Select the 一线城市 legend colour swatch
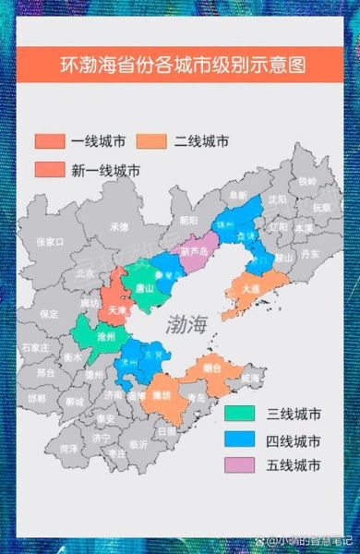tap(49, 141)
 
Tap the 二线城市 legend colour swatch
tap(150, 141)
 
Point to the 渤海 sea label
tap(188, 324)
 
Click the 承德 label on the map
tap(119, 226)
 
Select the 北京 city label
tap(85, 273)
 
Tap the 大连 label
tap(250, 287)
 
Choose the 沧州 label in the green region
tap(107, 337)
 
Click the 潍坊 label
tap(162, 396)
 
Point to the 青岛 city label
tap(195, 398)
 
